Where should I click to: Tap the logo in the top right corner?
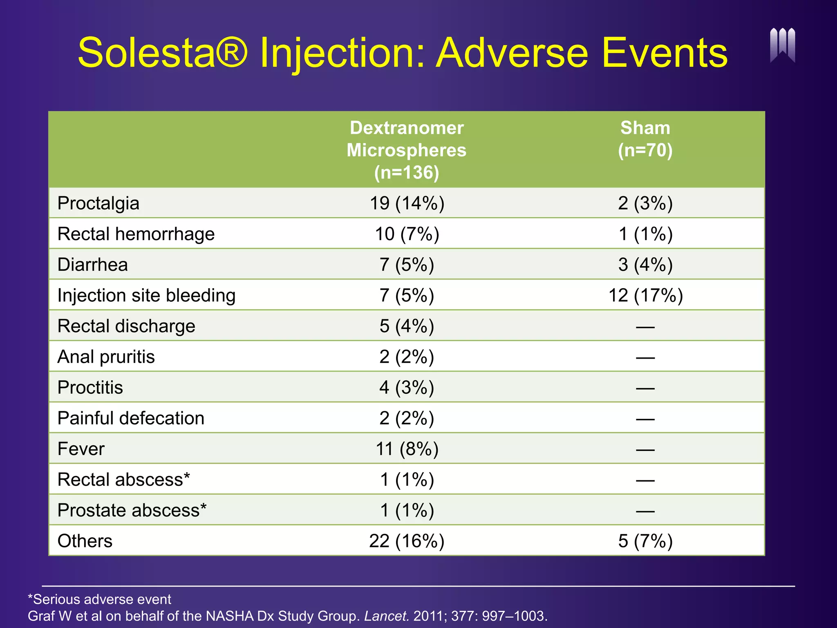(782, 45)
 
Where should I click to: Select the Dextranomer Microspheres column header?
(406, 150)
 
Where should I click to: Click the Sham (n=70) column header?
(645, 139)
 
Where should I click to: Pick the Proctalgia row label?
(98, 203)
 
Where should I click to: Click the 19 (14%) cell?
(407, 203)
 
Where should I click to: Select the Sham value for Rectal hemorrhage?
(645, 234)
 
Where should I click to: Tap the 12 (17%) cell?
(645, 295)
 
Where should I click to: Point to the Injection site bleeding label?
(146, 295)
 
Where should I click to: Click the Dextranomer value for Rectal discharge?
(407, 326)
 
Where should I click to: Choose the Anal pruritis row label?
(106, 357)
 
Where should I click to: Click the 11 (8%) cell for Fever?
(407, 449)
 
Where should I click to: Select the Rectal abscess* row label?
(123, 480)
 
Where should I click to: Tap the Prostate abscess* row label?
(132, 510)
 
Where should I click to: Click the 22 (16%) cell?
(407, 541)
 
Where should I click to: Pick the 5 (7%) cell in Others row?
(645, 541)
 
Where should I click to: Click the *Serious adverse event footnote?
(99, 599)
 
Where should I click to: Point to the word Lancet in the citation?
(386, 616)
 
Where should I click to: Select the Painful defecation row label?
(131, 418)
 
